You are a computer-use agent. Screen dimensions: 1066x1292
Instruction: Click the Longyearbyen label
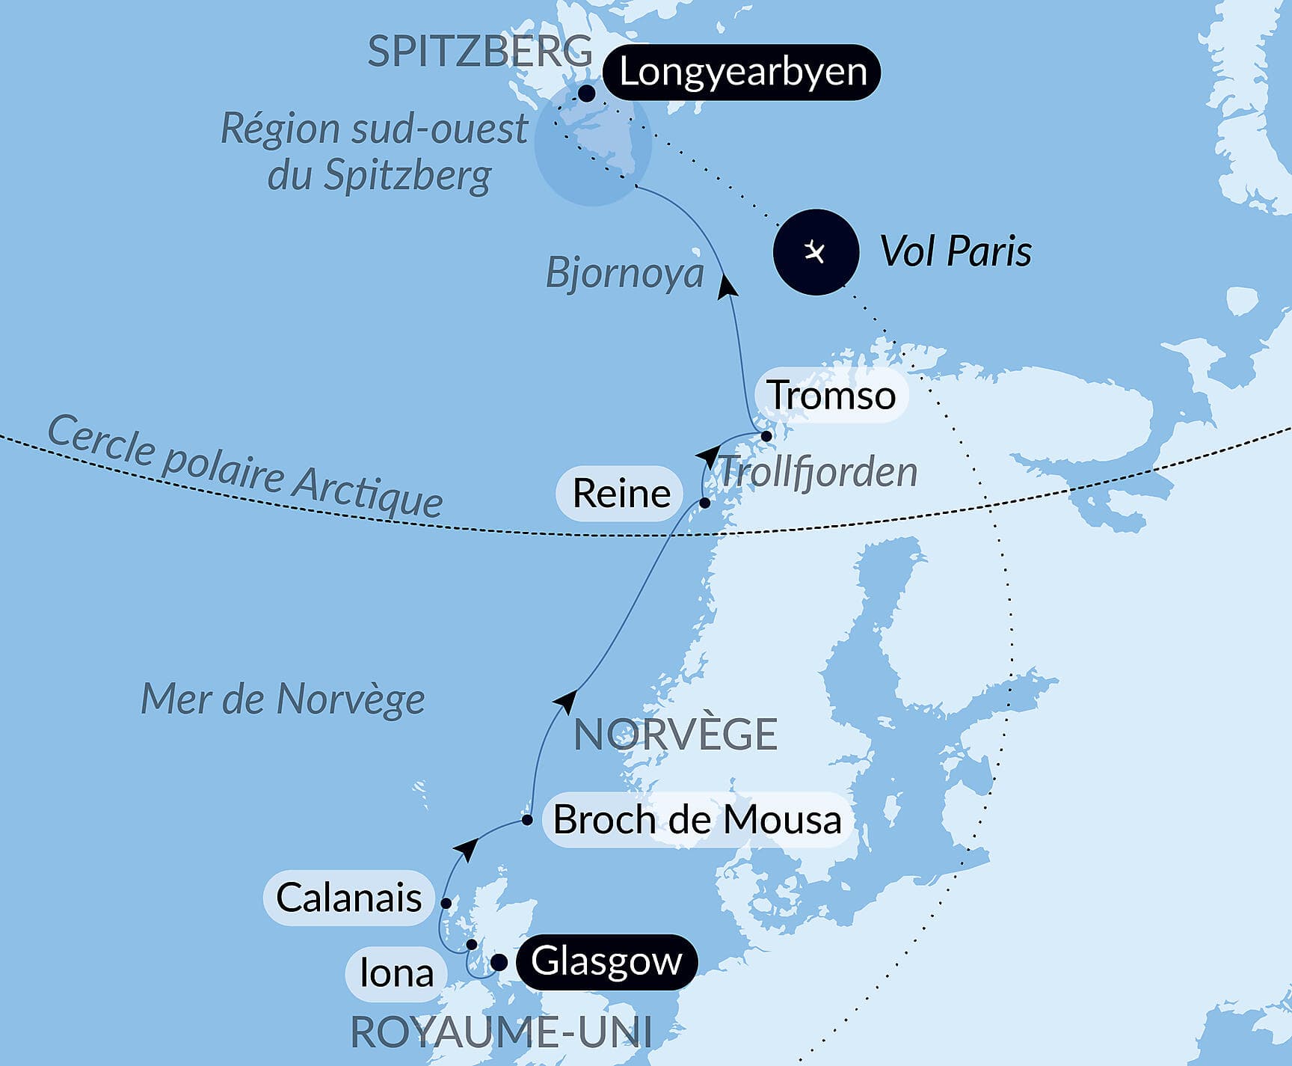(742, 73)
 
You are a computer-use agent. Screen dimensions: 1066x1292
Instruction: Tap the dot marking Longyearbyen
(587, 94)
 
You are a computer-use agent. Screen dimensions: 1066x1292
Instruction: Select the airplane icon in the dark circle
(815, 251)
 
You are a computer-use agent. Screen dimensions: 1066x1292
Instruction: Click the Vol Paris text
(956, 251)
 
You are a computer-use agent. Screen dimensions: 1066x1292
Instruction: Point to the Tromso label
(831, 395)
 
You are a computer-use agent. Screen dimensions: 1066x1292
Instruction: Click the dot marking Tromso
(766, 436)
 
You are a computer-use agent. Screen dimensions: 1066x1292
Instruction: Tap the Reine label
(621, 494)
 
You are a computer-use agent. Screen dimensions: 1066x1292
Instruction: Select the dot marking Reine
(704, 503)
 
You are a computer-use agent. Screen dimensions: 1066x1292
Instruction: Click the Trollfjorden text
(818, 472)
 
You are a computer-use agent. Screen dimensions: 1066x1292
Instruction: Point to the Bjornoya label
(625, 272)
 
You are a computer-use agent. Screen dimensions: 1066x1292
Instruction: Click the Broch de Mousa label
(697, 820)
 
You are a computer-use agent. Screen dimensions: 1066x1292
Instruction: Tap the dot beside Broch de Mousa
(527, 820)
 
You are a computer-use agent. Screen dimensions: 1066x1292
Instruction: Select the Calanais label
(348, 898)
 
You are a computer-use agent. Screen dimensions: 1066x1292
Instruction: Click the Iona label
(396, 973)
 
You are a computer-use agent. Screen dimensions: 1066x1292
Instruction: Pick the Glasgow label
(606, 961)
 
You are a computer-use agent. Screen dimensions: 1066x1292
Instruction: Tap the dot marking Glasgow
(498, 962)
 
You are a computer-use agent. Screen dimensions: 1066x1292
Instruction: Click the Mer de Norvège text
(283, 699)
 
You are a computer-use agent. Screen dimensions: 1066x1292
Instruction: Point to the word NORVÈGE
(675, 735)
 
